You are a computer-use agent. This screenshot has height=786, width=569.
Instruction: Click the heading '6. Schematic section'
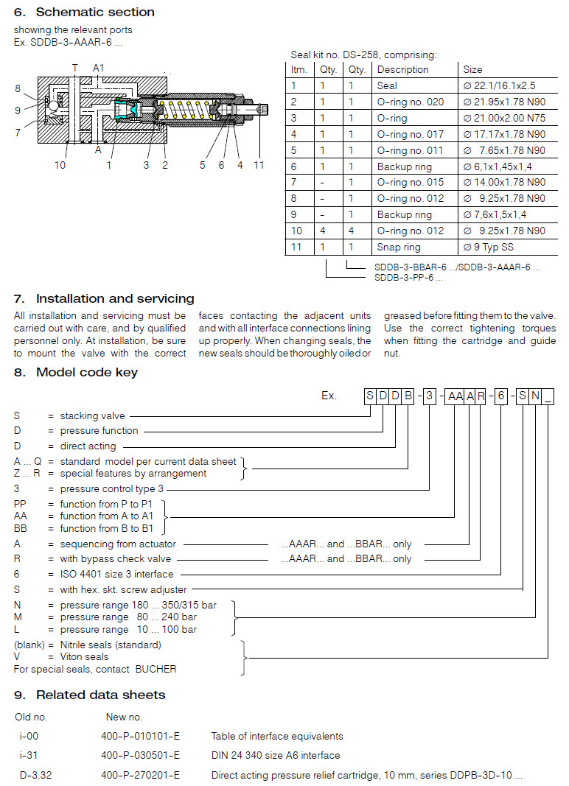tap(84, 12)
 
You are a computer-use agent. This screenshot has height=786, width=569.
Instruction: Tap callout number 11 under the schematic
tap(259, 165)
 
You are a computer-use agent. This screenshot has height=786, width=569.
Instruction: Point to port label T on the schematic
tap(74, 67)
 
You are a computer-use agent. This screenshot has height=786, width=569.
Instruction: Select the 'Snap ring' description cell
tap(399, 247)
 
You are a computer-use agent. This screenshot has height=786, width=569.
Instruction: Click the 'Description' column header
tap(402, 69)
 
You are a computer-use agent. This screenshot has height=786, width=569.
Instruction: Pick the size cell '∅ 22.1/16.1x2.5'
tap(498, 85)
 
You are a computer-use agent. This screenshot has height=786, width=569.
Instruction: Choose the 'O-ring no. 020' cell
tap(411, 102)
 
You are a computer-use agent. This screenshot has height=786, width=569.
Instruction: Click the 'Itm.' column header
tap(299, 69)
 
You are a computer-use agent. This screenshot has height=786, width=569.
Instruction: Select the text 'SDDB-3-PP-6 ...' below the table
tap(408, 278)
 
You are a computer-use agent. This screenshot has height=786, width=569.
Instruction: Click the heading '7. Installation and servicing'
tap(104, 298)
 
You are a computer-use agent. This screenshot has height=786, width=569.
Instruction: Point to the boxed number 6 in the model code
tap(501, 396)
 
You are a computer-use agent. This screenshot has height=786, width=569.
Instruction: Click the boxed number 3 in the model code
tap(429, 396)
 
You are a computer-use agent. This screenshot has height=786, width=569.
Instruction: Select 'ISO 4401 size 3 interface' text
tap(116, 574)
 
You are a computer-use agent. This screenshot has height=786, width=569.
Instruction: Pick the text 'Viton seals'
tap(84, 656)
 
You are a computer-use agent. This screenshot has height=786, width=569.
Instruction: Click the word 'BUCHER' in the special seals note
tap(156, 669)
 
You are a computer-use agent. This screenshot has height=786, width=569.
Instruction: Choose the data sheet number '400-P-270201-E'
tap(140, 775)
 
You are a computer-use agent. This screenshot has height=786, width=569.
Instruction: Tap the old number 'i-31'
tap(29, 755)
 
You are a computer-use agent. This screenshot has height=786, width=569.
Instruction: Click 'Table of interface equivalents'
tap(276, 736)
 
